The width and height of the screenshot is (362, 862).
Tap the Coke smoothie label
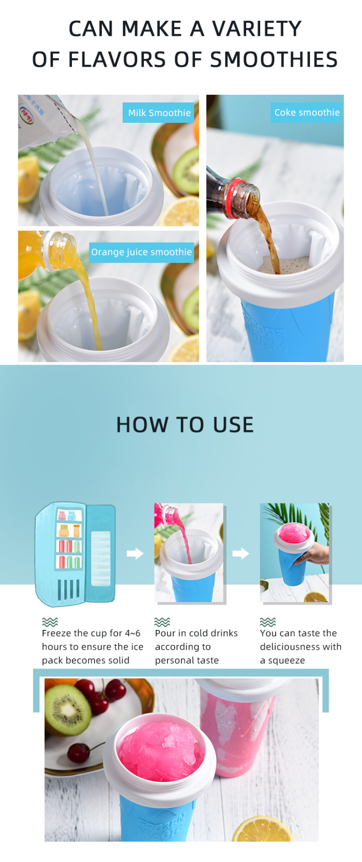pyautogui.click(x=307, y=112)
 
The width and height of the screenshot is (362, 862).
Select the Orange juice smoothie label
pyautogui.click(x=141, y=252)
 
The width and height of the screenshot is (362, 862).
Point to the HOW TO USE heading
pyautogui.click(x=185, y=424)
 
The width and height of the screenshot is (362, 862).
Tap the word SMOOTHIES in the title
pyautogui.click(x=274, y=59)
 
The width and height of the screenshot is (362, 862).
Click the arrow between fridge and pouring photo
pyautogui.click(x=135, y=553)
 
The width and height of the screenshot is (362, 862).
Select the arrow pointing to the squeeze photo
pyautogui.click(x=240, y=553)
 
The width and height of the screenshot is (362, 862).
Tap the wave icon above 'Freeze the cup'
pyautogui.click(x=50, y=622)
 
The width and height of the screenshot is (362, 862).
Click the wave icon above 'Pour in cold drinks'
pyautogui.click(x=162, y=622)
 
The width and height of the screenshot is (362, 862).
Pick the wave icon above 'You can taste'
pyautogui.click(x=268, y=622)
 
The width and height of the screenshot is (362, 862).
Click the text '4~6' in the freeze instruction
pyautogui.click(x=133, y=633)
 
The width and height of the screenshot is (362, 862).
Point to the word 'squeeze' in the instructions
pyautogui.click(x=286, y=660)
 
